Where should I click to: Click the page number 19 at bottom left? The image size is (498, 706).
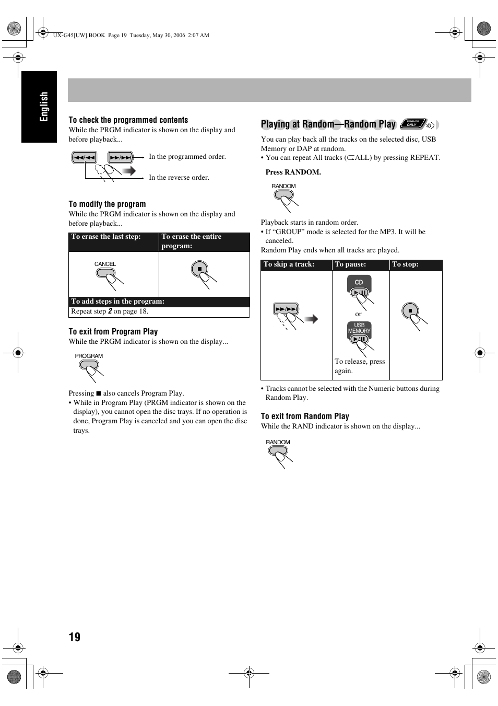click(74, 636)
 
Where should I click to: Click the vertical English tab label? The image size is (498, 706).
click(44, 107)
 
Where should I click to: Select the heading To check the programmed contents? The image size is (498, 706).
click(128, 120)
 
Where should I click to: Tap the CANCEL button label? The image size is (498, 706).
click(105, 264)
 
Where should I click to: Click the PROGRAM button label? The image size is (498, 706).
click(89, 356)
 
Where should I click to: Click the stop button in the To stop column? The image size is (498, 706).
click(410, 311)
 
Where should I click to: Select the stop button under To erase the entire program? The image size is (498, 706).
click(199, 269)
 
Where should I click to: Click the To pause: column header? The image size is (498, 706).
click(350, 264)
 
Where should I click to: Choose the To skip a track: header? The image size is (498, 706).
click(289, 264)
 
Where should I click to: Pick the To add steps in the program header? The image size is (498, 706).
click(118, 302)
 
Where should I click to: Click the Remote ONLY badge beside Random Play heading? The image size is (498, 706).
click(413, 124)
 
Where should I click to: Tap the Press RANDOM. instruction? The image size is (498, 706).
click(293, 172)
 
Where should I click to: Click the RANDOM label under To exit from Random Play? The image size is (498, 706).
click(278, 442)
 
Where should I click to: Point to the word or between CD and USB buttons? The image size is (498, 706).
click(358, 314)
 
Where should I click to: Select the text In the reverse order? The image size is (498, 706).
click(179, 178)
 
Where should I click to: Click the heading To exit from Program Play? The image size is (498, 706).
click(113, 331)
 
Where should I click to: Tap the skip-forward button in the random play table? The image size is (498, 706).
click(286, 309)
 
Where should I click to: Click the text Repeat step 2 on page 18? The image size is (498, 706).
click(110, 311)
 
